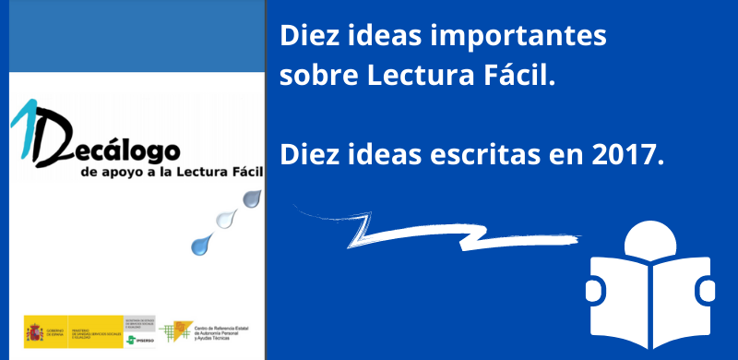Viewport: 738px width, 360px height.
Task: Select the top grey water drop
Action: click(x=251, y=198)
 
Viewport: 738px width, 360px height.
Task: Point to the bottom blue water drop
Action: click(x=200, y=244)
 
